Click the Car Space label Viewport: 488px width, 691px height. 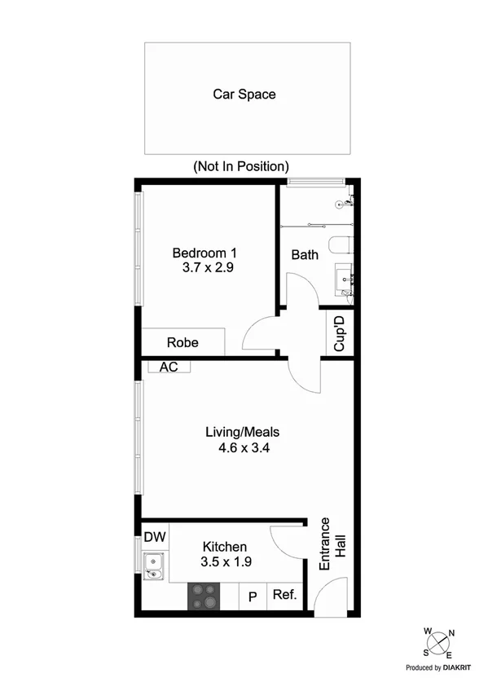244,95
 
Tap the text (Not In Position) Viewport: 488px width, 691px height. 240,166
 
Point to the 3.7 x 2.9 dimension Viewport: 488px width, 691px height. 209,267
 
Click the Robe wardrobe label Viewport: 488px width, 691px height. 182,342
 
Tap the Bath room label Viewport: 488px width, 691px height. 305,255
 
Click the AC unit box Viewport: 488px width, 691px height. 169,368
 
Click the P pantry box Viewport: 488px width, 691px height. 253,596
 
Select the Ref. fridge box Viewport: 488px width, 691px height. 284,596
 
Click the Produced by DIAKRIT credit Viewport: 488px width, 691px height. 439,667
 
